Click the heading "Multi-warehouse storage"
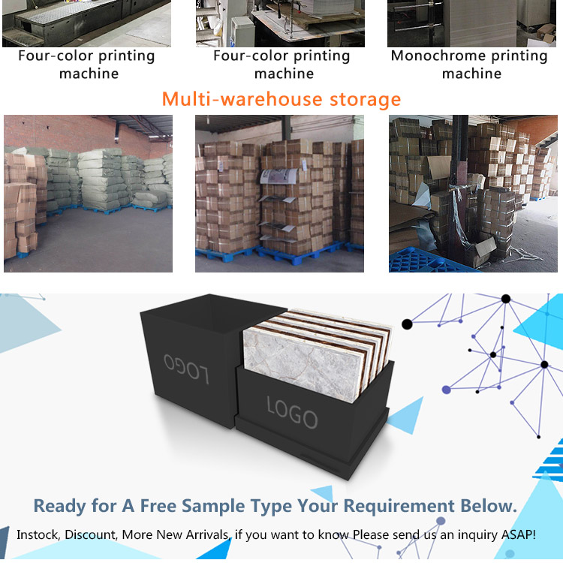281,99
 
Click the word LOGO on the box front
292,412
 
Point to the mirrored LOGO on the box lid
186,369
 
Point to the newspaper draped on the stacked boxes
278,176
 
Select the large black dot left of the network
407,324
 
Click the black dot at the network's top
505,299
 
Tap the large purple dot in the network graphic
447,390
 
